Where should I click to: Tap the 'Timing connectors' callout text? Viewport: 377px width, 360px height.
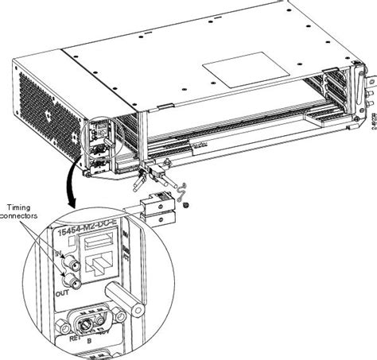pyautogui.click(x=25, y=210)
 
